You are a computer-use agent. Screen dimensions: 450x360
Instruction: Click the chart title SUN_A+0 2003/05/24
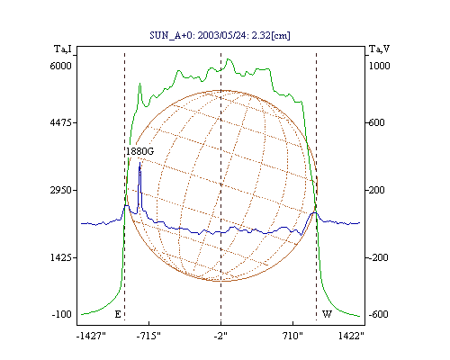coord(220,35)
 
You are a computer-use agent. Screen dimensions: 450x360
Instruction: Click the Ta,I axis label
coord(63,49)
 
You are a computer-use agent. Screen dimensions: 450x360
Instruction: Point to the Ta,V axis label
coord(379,49)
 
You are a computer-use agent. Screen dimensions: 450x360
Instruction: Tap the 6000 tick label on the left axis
coord(60,66)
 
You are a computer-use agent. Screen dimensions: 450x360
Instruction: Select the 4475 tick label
coord(61,122)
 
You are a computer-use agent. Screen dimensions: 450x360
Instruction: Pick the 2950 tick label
coord(61,190)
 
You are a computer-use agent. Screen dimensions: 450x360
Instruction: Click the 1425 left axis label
coord(61,257)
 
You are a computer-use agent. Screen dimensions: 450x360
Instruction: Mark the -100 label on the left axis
coord(62,314)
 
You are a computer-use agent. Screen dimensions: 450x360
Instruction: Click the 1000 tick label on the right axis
coord(379,66)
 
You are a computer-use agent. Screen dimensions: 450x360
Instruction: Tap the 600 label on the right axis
coord(376,122)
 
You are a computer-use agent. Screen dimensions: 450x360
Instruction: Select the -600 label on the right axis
coord(378,314)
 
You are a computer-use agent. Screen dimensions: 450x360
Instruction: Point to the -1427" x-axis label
coord(91,336)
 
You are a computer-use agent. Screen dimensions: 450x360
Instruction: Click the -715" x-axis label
coord(148,336)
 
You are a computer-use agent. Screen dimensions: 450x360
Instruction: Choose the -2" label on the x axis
coord(220,336)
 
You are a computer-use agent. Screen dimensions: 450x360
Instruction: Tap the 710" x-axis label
coord(292,336)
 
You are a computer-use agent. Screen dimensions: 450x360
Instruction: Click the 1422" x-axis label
coord(351,336)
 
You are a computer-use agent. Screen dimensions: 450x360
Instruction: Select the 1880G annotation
coord(139,151)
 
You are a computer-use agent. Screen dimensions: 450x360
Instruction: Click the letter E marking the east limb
coord(118,314)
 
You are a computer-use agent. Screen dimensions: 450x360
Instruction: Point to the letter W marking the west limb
coord(327,314)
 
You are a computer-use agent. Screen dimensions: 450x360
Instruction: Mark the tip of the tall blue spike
coord(139,162)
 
